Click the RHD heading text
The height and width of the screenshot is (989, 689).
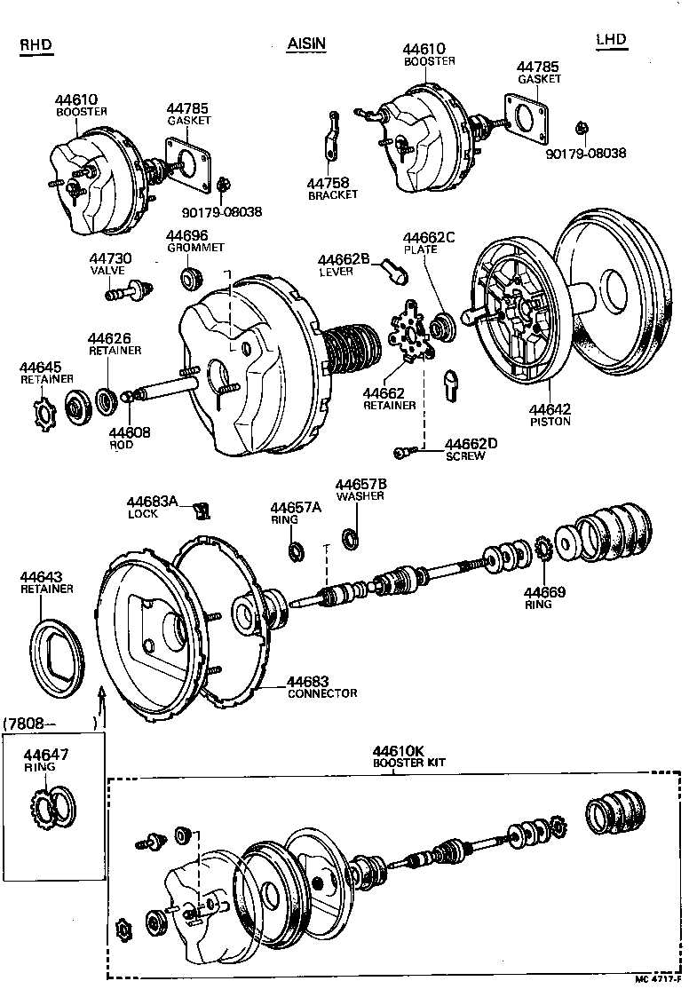click(x=35, y=45)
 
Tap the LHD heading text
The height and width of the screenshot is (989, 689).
click(x=612, y=39)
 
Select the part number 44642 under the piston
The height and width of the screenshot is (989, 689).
click(x=550, y=410)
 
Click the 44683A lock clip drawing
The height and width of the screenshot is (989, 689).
click(x=202, y=510)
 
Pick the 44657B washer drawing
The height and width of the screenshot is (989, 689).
click(x=351, y=537)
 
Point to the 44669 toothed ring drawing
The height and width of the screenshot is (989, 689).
click(x=542, y=550)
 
